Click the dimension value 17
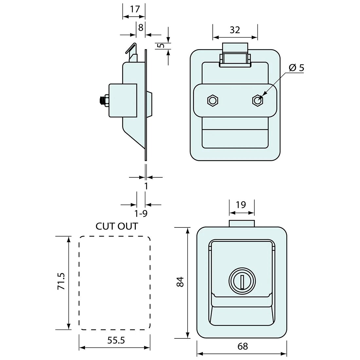point(135,9)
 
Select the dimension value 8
point(141,27)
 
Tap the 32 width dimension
point(235,30)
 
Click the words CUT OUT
point(117,226)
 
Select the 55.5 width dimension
point(116,340)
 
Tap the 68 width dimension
point(243,346)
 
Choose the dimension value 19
point(241,205)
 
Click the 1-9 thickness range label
point(141,214)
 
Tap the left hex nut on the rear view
point(212,100)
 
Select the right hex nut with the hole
point(258,100)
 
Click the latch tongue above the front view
point(242,224)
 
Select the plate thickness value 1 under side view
point(146,186)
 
